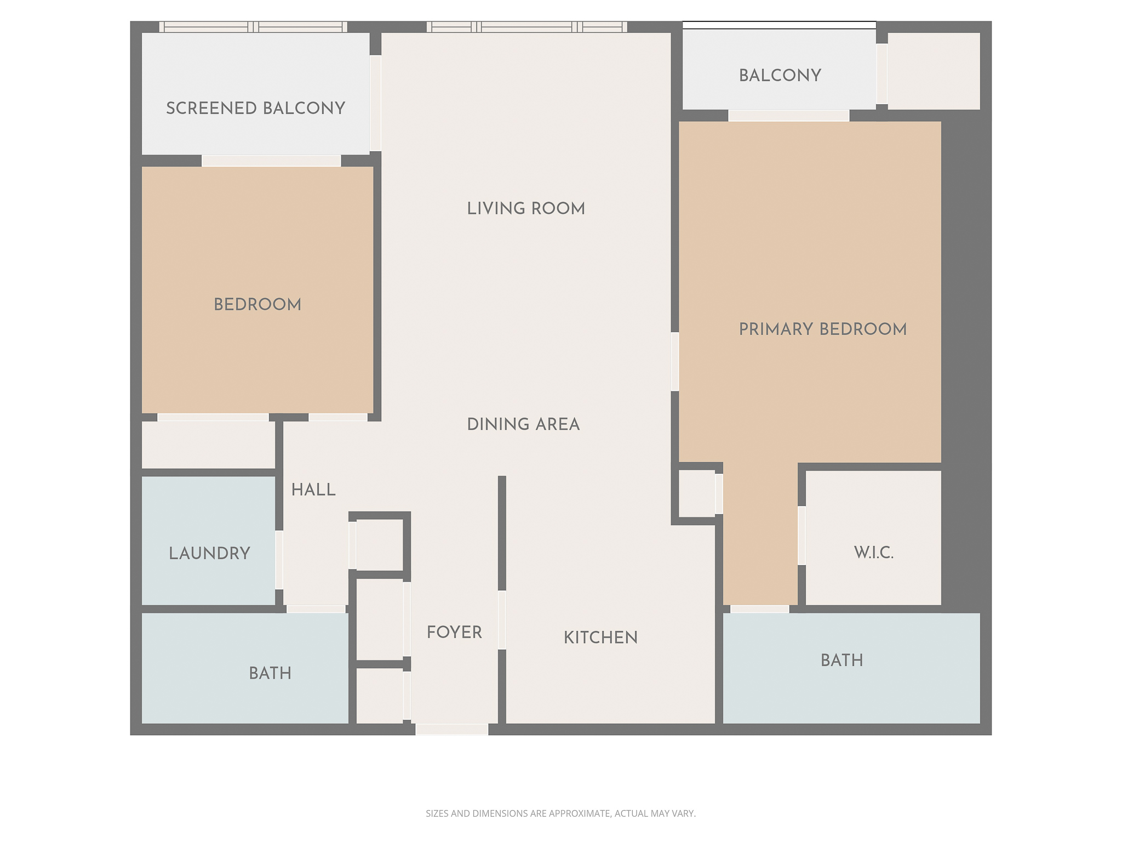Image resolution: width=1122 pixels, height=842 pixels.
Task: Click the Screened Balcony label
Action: pos(255,108)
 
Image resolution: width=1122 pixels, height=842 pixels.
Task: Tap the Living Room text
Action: pos(525,208)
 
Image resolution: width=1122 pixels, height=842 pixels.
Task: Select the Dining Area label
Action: pos(523,424)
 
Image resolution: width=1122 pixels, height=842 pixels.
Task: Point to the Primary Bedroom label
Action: pos(822,329)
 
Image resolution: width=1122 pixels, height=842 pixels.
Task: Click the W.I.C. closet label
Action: pos(873,553)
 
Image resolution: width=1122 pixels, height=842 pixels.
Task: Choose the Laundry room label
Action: pos(209,553)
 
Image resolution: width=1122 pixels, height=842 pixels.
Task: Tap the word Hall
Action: pos(313,490)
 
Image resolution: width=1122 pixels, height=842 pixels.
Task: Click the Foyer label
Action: pos(454,632)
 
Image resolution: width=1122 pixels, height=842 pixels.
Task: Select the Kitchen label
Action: pos(600,637)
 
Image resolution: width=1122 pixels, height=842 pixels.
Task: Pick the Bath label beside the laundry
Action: pos(270,673)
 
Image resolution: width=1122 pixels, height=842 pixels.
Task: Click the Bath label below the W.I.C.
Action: pos(841,660)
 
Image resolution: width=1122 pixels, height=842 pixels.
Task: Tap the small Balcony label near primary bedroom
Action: pos(780,75)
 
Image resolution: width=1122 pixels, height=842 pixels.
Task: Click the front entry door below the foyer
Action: pos(451,729)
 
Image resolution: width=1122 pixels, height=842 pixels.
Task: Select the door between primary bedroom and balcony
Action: pos(788,115)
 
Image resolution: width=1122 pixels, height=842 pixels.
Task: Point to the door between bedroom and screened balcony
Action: pos(271,161)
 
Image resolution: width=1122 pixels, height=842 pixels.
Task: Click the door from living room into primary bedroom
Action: pos(675,361)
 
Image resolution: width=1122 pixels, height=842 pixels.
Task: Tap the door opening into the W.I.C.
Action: pos(802,535)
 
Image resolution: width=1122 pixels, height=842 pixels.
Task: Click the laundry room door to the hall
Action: pos(279,560)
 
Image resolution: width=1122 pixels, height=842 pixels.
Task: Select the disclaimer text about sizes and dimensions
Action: pos(560,813)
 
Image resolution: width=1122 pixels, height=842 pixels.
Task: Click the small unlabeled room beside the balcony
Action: pos(933,71)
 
